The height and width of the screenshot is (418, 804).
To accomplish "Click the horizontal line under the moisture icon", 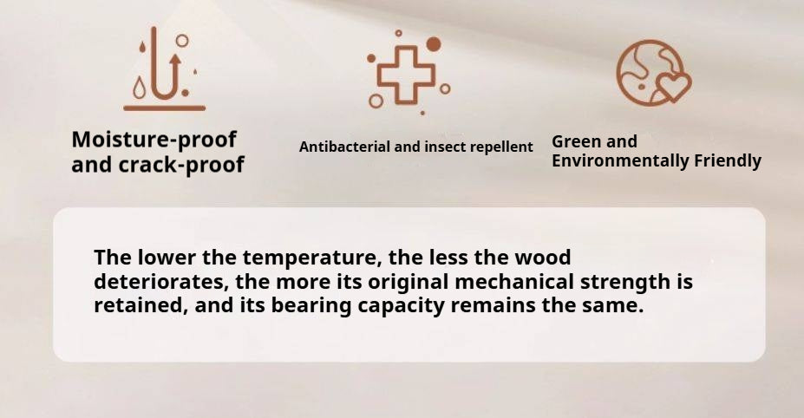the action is (164, 108).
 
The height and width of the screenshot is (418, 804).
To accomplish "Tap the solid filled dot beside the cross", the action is (434, 44).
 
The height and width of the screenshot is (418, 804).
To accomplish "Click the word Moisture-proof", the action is (154, 140).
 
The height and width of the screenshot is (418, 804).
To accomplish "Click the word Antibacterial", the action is (345, 147).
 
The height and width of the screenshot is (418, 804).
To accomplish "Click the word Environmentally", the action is (620, 161).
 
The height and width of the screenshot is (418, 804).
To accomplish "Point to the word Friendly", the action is (728, 161).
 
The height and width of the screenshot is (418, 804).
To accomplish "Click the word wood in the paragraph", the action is (542, 257).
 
